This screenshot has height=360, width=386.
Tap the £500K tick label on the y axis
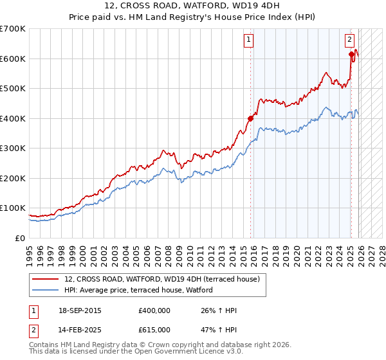[x=13, y=89]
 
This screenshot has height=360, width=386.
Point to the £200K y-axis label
[x=13, y=179]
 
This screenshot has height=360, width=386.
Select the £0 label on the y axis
[x=21, y=239]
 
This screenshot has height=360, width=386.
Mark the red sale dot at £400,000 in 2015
[x=251, y=118]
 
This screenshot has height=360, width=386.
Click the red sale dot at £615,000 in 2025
[x=352, y=55]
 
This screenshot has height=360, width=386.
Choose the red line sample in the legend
[x=45, y=279]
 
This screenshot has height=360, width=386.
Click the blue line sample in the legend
[x=45, y=290]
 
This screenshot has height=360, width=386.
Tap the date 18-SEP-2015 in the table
[x=80, y=311]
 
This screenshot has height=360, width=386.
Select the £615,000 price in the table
[x=154, y=330]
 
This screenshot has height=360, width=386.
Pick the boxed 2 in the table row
[x=33, y=330]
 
